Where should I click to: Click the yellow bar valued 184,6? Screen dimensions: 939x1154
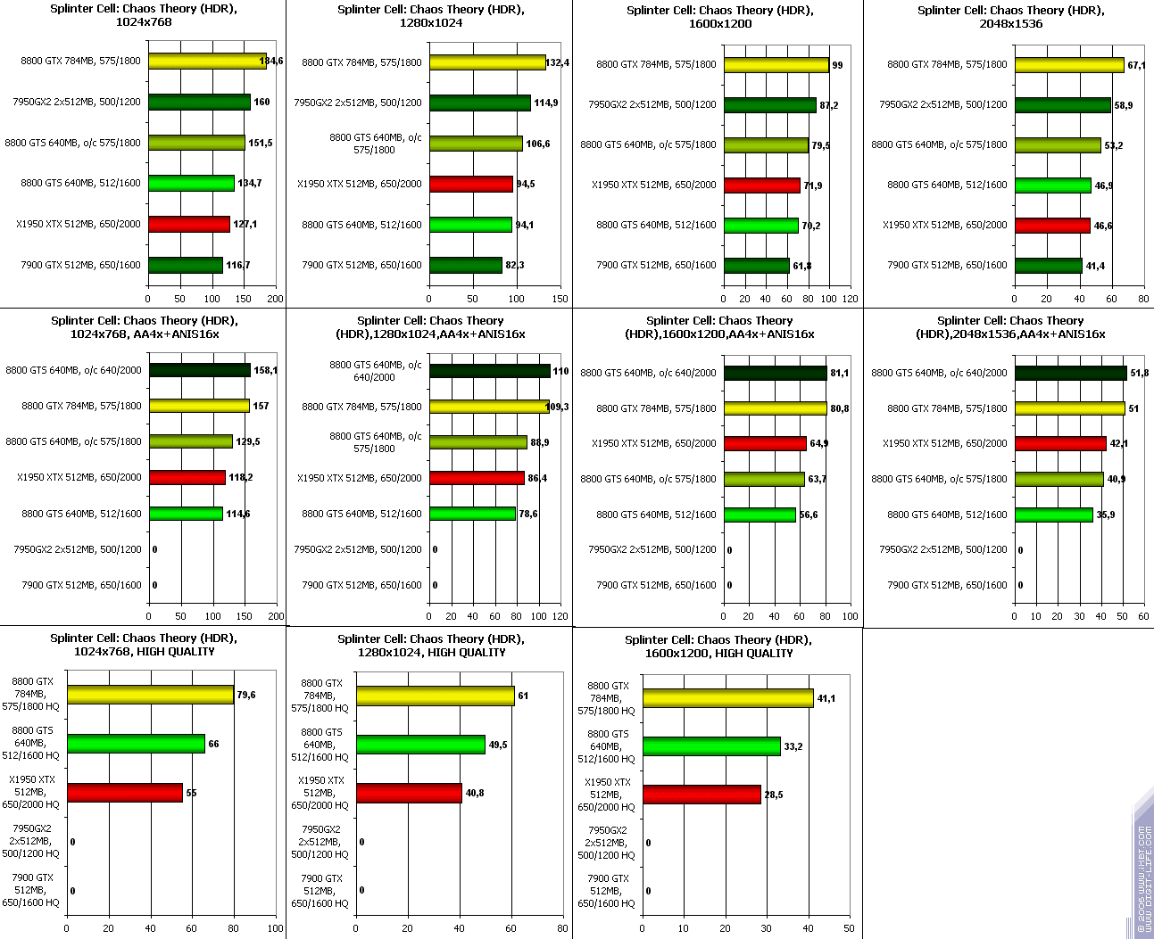[207, 62]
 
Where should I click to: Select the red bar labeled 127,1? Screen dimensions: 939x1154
[189, 224]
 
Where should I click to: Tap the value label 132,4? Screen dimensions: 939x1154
[558, 63]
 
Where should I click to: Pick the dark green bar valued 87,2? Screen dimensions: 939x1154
[769, 105]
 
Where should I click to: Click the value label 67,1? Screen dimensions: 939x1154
[1136, 65]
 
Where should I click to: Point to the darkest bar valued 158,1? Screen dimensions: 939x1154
[200, 370]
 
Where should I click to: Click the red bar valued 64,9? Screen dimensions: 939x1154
[765, 443]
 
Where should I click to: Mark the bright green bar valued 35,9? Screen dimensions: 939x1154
[1053, 515]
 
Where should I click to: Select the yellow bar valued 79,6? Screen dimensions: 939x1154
[150, 695]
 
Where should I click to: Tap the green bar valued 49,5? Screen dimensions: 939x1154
[420, 745]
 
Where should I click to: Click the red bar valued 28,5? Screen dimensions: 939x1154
[702, 795]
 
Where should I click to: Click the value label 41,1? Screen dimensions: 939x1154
[826, 699]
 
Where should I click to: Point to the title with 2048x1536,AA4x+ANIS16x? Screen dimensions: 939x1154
[1010, 327]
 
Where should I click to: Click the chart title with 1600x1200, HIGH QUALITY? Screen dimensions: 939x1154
[718, 647]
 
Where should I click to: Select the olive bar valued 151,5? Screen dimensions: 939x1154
[196, 143]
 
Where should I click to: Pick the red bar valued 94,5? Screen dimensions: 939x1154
[471, 184]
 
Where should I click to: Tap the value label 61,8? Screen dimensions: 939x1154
[802, 266]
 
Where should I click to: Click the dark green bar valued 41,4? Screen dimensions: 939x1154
[1048, 265]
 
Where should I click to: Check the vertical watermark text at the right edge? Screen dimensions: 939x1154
[1143, 878]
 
